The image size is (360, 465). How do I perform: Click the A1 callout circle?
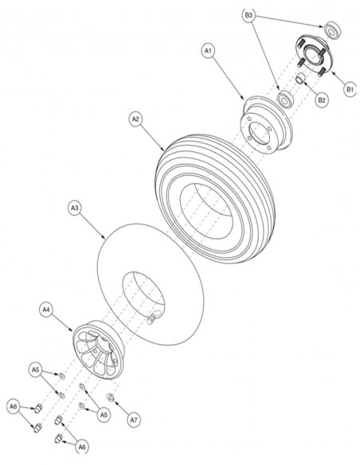tap(208, 51)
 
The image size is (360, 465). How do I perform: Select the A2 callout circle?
tap(136, 119)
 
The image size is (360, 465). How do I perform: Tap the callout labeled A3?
tap(74, 208)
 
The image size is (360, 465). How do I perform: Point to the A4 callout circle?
tap(46, 310)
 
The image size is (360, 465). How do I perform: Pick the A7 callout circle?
tap(134, 420)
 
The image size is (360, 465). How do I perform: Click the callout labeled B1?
tap(350, 89)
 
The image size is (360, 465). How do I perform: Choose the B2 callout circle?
tap(322, 100)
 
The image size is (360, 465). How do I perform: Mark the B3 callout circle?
tap(248, 15)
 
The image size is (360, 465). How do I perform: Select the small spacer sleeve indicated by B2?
tap(301, 79)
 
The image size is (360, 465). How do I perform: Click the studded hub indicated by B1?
tap(314, 55)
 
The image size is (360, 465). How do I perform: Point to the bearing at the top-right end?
tap(333, 30)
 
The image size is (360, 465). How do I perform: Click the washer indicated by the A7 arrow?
tap(111, 397)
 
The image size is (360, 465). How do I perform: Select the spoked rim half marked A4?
tap(98, 350)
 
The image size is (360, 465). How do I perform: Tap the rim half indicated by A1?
tap(265, 124)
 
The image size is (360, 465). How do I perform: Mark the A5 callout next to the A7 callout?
tap(104, 414)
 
